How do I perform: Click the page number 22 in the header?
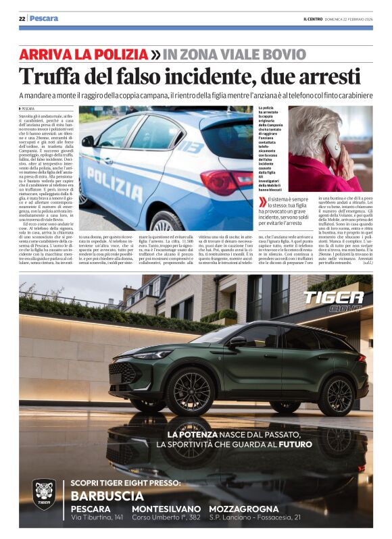coord(22,19)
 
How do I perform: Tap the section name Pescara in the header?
coord(45,19)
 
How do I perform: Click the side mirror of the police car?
coord(89,141)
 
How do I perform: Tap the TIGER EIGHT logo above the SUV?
coord(334,300)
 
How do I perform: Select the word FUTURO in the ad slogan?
coord(295,444)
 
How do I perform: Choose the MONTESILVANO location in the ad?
coord(166,509)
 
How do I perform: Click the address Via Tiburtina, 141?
coord(97,517)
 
